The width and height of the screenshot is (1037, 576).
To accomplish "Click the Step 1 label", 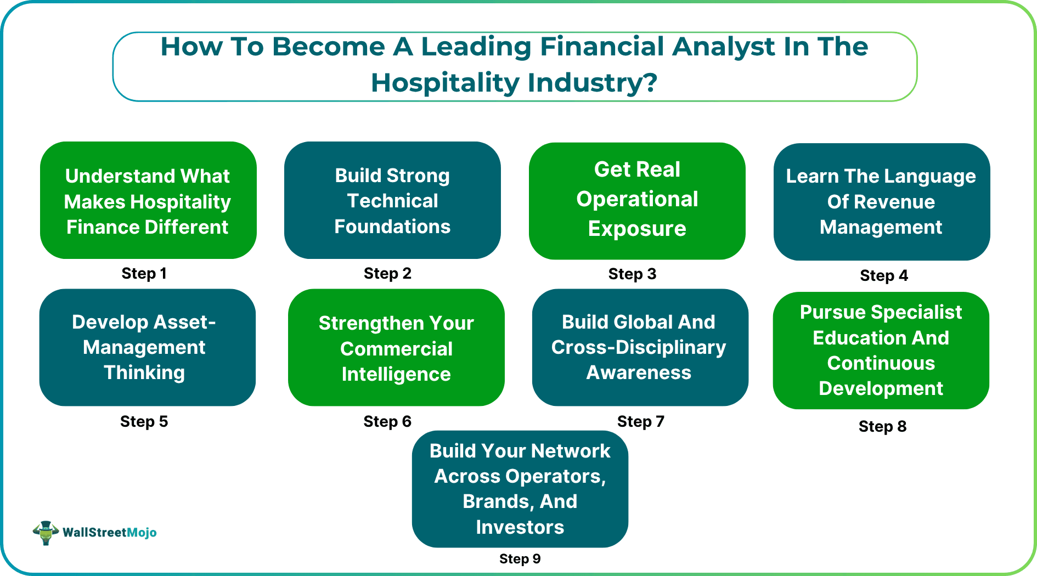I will [144, 273].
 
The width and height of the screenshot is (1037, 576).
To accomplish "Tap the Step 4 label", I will [884, 275].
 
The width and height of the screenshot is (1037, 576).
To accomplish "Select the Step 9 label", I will [520, 558].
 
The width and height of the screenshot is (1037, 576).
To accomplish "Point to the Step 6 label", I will [387, 421].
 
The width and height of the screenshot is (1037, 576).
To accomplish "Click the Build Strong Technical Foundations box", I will [392, 200].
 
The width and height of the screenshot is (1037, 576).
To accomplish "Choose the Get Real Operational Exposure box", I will [637, 200].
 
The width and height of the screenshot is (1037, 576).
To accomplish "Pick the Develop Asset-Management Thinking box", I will [147, 347].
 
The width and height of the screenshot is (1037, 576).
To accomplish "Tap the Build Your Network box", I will [520, 488].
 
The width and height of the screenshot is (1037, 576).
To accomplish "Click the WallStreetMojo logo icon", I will [46, 532].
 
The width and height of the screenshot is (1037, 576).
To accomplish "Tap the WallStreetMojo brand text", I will [110, 532].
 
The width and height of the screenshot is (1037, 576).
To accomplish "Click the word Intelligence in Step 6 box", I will [396, 374].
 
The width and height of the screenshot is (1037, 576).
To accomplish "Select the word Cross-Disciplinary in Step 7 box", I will [639, 347].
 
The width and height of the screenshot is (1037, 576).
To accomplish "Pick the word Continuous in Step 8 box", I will [881, 363].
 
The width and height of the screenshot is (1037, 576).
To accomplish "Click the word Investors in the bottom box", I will [520, 527].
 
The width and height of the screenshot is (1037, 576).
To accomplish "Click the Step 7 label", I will [640, 421].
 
